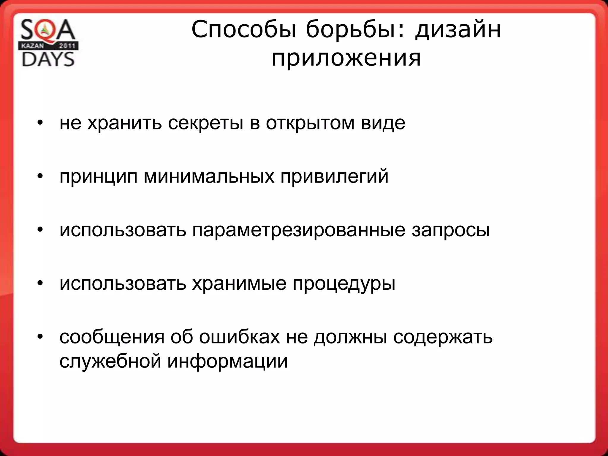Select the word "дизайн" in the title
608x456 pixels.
point(458,30)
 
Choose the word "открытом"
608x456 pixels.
point(310,123)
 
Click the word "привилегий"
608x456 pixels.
point(335,177)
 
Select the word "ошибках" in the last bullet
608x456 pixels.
point(239,337)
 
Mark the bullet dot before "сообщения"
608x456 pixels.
point(40,337)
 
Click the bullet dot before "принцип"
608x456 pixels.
point(40,176)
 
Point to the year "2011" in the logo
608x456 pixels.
point(67,46)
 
